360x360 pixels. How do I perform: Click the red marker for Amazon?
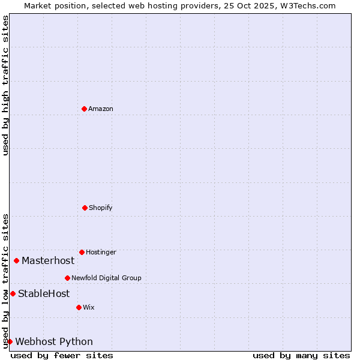[84, 109]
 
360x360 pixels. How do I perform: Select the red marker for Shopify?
[85, 208]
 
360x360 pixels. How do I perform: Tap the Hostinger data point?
[82, 252]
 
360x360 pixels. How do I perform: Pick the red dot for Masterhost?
[16, 260]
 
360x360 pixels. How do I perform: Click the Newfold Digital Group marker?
[67, 278]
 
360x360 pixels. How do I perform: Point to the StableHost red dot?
[13, 293]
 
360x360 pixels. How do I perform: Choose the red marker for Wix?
[79, 307]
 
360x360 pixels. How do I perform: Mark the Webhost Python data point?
[10, 341]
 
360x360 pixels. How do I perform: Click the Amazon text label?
[101, 109]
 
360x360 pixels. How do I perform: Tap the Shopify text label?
[101, 208]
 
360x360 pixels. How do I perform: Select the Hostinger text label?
[101, 252]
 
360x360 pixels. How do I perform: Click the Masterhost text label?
[48, 260]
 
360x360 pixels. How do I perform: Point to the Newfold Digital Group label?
[106, 278]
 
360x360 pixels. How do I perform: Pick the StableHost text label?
[44, 293]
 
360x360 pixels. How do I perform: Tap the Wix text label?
[89, 307]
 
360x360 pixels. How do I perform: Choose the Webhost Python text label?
[54, 341]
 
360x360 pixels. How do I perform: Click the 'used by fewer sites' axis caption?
[62, 355]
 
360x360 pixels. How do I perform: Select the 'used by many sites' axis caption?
[301, 355]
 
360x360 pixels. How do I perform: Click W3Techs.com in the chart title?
[309, 5]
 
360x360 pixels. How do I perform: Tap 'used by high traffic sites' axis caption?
[5, 85]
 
